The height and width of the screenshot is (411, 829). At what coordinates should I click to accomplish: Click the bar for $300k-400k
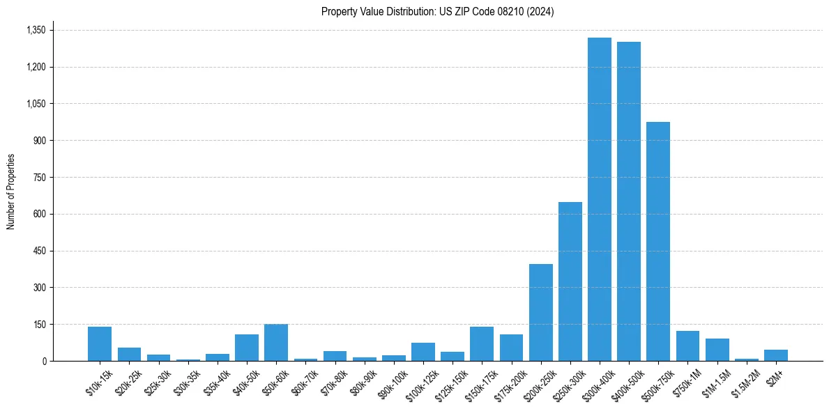point(599,199)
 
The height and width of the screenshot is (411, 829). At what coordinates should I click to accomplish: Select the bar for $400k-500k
point(629,201)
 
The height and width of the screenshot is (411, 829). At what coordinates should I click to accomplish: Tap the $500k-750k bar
point(658,241)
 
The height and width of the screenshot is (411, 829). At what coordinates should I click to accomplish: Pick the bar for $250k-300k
point(570,281)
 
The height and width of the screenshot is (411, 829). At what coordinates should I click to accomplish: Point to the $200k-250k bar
point(540,312)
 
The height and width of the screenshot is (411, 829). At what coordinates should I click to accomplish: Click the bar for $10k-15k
point(100,344)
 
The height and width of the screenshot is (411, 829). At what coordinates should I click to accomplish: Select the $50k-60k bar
point(276,343)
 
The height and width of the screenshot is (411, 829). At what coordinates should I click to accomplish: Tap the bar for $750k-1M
point(687,346)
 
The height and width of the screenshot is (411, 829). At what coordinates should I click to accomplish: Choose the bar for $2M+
point(775,355)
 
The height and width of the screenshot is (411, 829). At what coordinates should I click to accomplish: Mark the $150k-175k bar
point(482,344)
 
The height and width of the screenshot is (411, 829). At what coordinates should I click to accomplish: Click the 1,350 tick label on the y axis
point(36,30)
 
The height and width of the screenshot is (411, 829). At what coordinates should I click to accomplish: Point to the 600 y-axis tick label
point(39,214)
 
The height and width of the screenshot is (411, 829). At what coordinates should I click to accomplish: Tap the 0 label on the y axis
point(44,361)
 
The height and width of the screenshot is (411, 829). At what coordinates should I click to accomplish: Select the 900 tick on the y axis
point(39,141)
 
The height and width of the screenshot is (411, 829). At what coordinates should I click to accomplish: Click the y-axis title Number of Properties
point(11,191)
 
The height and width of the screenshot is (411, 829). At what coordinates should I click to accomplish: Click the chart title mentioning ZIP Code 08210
point(437,12)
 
